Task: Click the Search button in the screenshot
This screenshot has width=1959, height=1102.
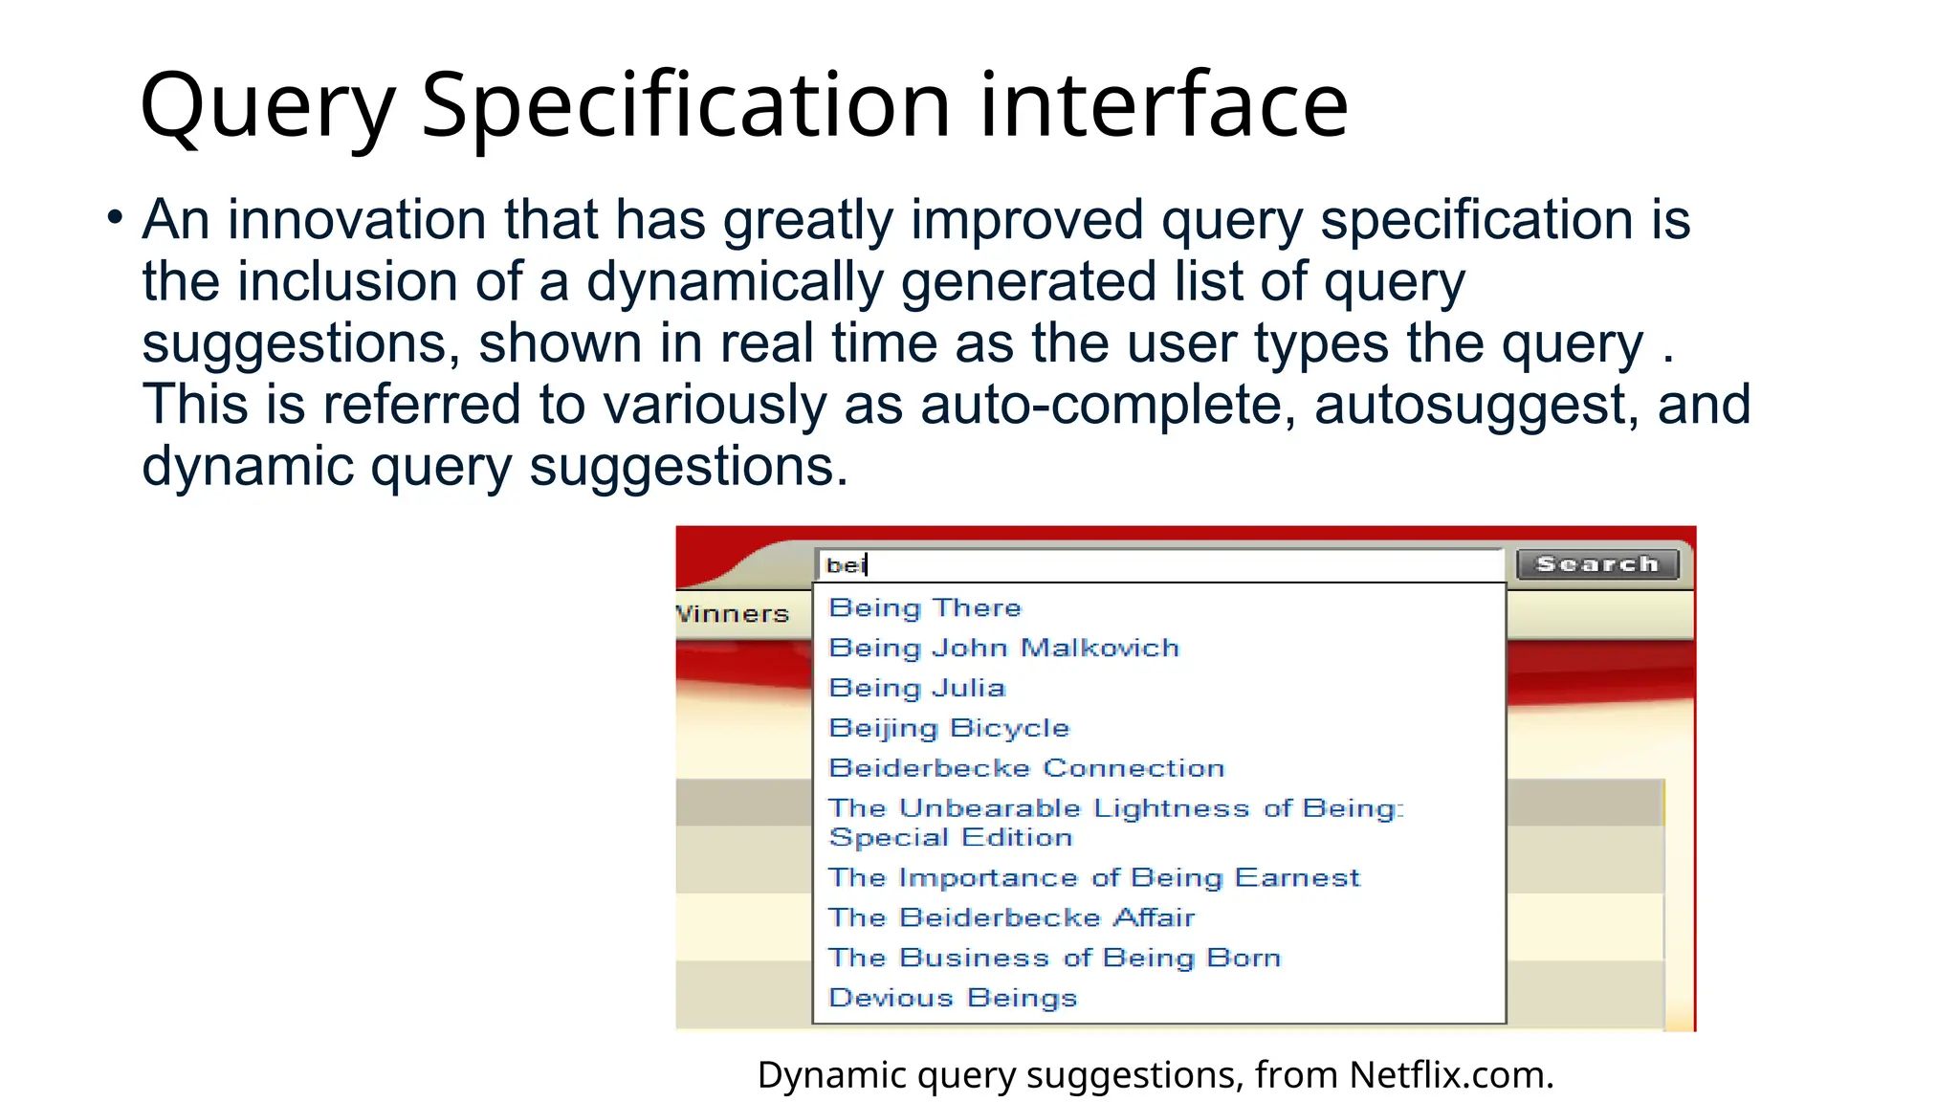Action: [1596, 564]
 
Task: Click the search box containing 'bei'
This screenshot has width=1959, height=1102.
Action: [1157, 565]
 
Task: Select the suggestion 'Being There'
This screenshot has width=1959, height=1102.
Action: [925, 607]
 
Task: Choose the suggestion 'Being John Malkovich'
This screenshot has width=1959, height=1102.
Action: [1003, 648]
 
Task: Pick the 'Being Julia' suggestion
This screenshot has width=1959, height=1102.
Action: [916, 688]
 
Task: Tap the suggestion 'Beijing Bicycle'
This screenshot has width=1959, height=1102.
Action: [948, 728]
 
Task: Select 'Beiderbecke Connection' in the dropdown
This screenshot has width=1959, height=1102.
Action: [1025, 768]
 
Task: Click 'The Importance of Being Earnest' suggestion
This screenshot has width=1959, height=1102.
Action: [1093, 877]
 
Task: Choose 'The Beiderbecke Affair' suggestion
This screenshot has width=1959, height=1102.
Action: [1011, 917]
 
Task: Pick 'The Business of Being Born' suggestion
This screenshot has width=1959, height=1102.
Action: [1054, 958]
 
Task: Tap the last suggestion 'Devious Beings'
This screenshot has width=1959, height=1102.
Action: [953, 998]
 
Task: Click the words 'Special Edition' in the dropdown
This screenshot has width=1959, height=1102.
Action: [950, 838]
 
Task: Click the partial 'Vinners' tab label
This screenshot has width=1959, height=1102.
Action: [733, 614]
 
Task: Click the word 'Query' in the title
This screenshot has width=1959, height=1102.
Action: [267, 107]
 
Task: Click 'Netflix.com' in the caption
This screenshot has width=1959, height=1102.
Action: [1450, 1075]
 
